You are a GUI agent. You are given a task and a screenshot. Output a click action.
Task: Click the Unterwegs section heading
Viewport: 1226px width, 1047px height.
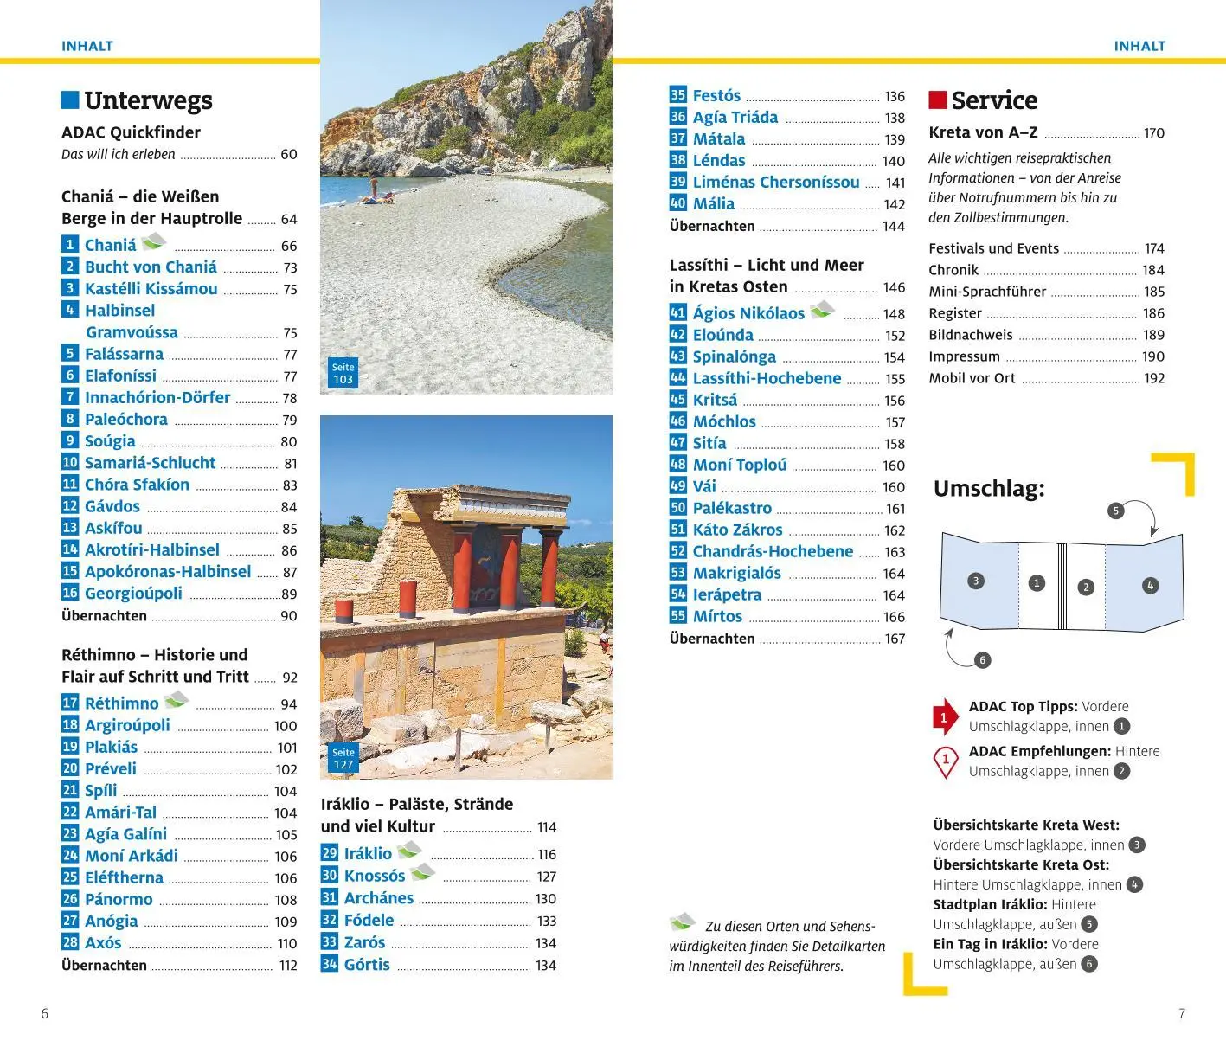(148, 100)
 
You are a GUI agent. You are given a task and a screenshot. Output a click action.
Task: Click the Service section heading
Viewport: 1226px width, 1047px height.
(993, 100)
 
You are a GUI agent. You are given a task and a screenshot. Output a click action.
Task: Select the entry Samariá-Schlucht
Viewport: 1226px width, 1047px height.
(150, 463)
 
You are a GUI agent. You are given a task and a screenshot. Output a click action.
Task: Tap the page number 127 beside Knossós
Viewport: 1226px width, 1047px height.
(546, 877)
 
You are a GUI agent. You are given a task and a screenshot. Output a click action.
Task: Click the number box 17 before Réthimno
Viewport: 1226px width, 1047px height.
(70, 703)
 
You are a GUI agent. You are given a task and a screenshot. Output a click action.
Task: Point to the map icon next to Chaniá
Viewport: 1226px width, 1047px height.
(153, 241)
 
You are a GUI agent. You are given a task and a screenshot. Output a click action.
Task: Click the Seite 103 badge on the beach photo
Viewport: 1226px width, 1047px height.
(343, 374)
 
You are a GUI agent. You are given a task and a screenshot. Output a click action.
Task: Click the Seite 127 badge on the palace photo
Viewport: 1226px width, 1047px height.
(343, 759)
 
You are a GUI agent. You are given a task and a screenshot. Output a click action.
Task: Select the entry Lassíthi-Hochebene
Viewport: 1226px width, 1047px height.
(766, 378)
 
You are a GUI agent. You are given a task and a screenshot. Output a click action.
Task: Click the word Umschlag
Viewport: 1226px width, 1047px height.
(988, 489)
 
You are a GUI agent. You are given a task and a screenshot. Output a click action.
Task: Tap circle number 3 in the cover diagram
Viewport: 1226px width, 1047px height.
(976, 581)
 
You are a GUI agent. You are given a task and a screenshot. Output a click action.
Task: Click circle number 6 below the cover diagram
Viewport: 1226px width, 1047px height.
(982, 660)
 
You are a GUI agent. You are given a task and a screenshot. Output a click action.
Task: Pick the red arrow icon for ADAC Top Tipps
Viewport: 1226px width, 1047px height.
(945, 716)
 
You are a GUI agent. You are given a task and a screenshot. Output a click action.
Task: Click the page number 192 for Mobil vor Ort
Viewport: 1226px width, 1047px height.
(1153, 378)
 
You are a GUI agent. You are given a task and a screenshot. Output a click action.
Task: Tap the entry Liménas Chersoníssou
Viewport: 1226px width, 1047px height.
(775, 183)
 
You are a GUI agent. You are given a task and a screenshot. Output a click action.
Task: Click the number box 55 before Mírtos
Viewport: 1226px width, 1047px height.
(677, 616)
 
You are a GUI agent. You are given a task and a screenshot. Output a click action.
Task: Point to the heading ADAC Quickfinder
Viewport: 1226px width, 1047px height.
(131, 132)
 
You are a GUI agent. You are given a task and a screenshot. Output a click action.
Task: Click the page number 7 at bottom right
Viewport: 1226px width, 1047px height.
(1181, 1013)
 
